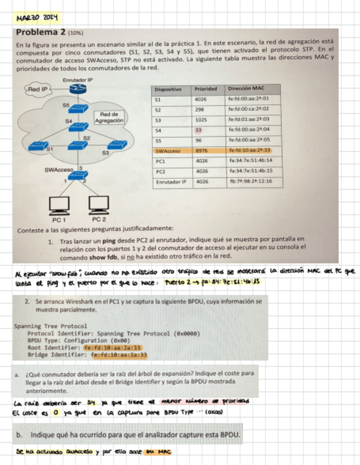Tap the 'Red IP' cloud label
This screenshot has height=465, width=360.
(38, 88)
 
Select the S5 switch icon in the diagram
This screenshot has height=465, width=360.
(78, 108)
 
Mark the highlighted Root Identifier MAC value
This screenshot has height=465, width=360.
(113, 348)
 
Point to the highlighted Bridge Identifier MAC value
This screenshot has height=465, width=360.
(119, 355)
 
